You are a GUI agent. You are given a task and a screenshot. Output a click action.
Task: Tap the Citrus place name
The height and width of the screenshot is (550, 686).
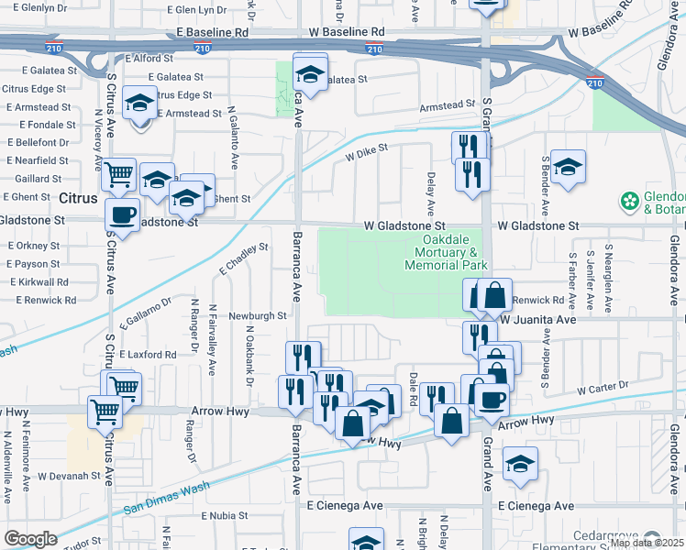coord(78,198)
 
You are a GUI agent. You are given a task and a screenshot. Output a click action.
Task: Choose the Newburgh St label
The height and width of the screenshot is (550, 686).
coord(259,315)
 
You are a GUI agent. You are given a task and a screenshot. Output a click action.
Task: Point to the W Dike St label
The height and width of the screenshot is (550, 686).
coord(367,151)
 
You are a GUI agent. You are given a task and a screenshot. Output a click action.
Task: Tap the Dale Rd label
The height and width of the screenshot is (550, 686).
coord(414,389)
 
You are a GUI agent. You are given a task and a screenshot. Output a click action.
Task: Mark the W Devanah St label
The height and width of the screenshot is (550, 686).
coord(69,476)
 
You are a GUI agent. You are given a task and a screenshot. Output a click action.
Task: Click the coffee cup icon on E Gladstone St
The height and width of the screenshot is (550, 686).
coord(121,216)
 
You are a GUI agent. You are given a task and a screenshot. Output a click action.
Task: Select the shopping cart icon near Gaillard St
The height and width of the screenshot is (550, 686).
coord(118,173)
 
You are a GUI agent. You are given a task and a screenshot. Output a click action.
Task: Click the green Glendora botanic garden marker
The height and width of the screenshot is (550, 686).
coord(630,200)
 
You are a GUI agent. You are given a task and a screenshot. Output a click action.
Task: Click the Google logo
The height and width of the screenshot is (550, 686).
coord(30,538)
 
